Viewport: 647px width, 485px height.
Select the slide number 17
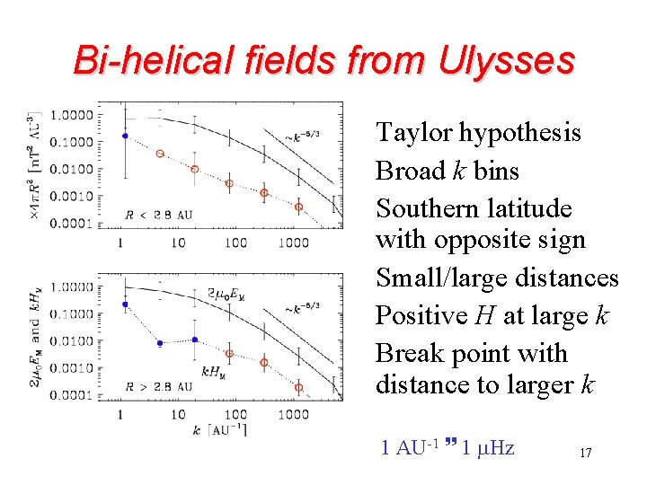585,454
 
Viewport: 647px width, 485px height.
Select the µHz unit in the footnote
495,447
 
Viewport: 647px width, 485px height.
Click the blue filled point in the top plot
125,136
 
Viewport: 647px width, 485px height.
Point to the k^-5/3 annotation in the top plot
302,137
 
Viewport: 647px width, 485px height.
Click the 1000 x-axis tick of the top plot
292,242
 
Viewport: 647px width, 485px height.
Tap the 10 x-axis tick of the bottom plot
178,414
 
